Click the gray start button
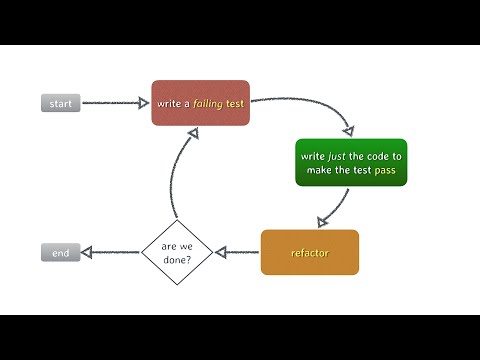click(x=60, y=104)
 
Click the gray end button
click(x=60, y=253)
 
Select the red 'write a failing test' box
click(x=200, y=103)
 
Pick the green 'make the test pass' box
click(x=351, y=162)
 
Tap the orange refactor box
click(x=309, y=252)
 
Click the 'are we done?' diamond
click(x=176, y=252)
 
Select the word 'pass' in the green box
click(x=386, y=170)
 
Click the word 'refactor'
click(x=309, y=253)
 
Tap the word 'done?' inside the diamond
click(x=176, y=260)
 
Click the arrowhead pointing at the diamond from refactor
click(x=223, y=252)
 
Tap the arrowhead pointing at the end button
click(x=87, y=253)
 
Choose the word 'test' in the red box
click(x=234, y=103)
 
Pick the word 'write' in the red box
click(x=167, y=103)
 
